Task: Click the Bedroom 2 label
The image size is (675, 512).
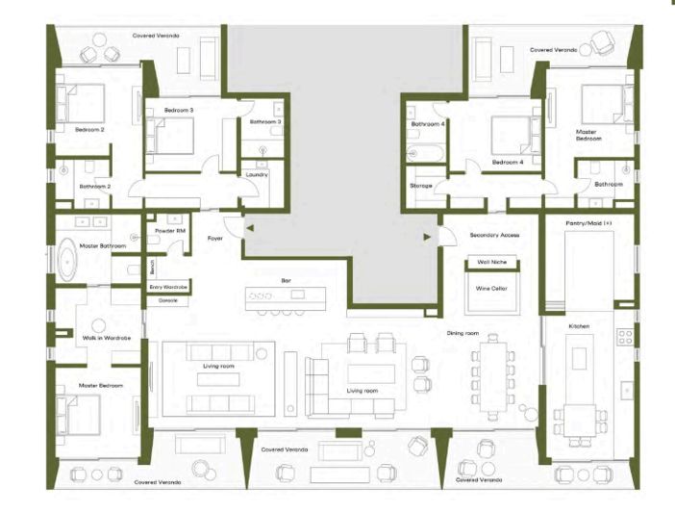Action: (x=89, y=129)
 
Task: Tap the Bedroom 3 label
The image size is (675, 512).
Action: (x=179, y=111)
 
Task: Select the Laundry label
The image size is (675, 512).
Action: (x=256, y=175)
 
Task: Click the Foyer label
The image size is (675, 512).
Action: (x=215, y=237)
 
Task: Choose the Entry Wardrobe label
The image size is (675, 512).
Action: (x=168, y=287)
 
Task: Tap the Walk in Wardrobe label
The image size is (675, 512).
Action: (x=106, y=338)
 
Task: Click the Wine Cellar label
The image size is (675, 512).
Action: (x=490, y=287)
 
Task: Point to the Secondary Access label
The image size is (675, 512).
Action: (x=494, y=235)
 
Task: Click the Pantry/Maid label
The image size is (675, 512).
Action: (x=589, y=222)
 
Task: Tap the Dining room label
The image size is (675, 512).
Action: (x=463, y=333)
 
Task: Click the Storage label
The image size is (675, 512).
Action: (x=421, y=185)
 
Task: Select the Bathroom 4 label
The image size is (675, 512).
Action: (x=428, y=124)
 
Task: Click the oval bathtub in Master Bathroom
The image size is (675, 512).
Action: (x=66, y=263)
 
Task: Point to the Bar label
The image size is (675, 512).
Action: (x=286, y=280)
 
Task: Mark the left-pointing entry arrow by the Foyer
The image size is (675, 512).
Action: (x=249, y=228)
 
